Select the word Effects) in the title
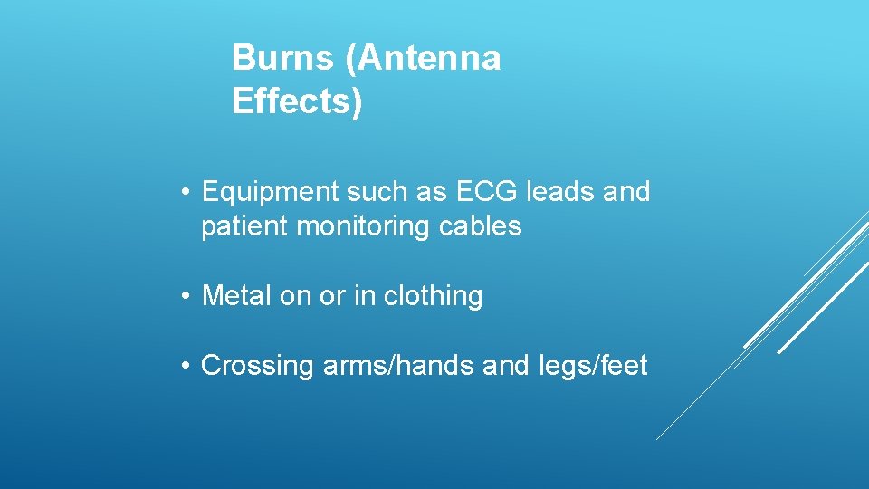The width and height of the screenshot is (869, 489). [x=297, y=101]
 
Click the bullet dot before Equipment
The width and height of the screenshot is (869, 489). [x=184, y=193]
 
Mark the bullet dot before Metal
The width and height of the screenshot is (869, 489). [x=184, y=296]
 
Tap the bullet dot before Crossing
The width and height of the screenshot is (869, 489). [x=184, y=366]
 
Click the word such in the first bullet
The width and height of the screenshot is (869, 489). [x=371, y=192]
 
